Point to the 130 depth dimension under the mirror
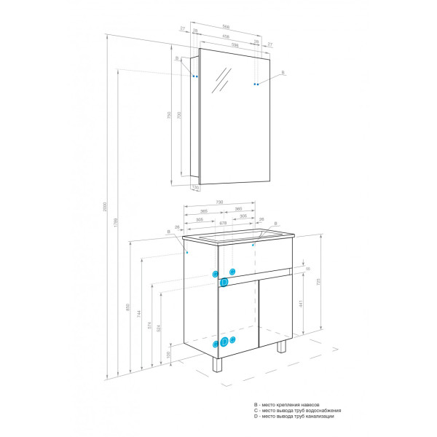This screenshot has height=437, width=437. pyautogui.click(x=195, y=187)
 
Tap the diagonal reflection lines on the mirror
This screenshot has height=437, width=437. pyautogui.click(x=221, y=81)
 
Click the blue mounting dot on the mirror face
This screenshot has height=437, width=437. pyautogui.click(x=256, y=84)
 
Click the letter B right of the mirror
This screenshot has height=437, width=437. pyautogui.click(x=283, y=71)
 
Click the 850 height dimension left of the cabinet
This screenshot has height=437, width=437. pyautogui.click(x=128, y=307)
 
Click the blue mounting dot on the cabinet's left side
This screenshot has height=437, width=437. pyautogui.click(x=187, y=252)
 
